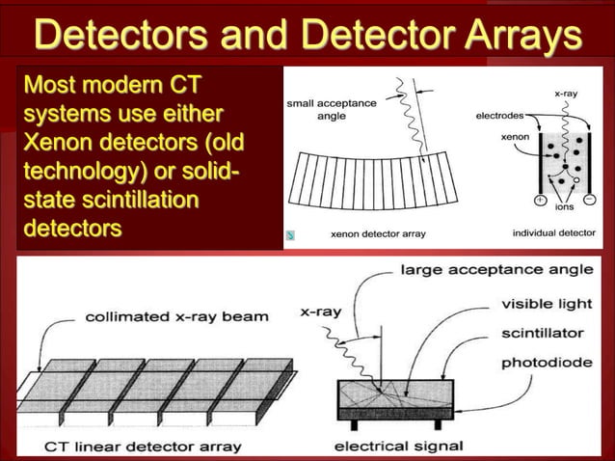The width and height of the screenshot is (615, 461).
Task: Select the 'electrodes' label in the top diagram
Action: [x=500, y=115]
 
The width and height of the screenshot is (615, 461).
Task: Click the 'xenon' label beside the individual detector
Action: [x=514, y=138]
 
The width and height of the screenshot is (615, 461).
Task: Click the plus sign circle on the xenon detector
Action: [x=541, y=202]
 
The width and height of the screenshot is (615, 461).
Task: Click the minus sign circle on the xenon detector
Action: [x=587, y=202]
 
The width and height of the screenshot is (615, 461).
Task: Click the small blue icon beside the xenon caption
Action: [x=291, y=234]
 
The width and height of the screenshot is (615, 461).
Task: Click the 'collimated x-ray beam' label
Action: [x=177, y=315]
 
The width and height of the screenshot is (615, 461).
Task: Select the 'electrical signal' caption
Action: [x=397, y=446]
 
